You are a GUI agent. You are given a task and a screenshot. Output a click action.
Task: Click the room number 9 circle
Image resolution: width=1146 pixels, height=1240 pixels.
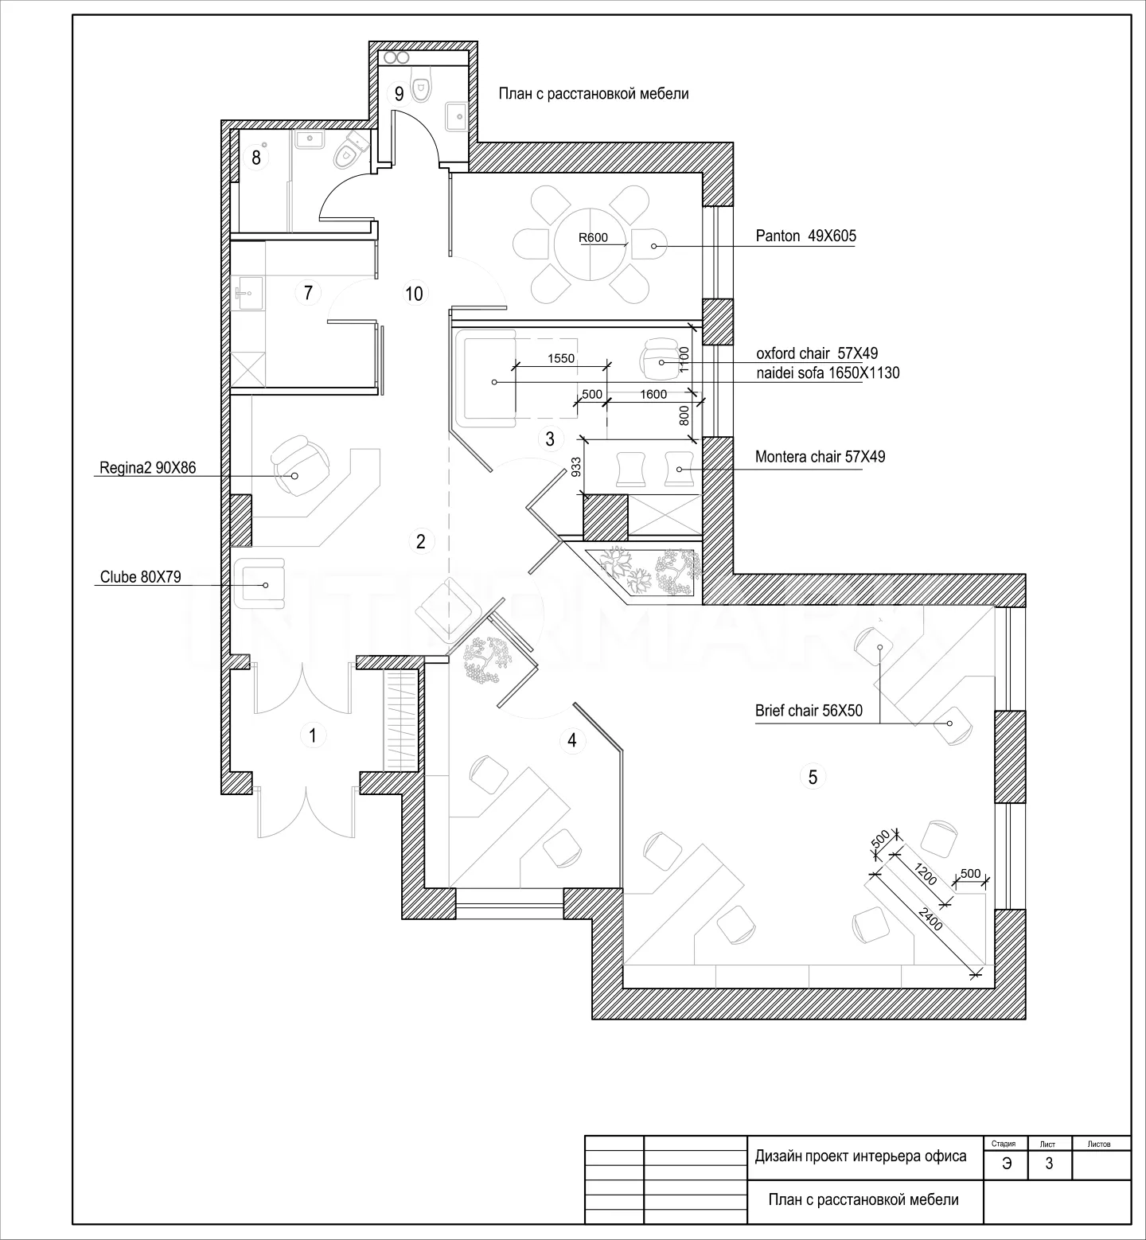400,94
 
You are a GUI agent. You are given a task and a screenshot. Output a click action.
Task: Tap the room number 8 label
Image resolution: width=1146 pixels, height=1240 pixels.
256,158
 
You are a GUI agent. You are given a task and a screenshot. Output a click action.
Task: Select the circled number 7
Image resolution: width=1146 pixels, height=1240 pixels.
308,293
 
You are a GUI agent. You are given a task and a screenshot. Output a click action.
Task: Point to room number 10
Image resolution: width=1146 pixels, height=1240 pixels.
414,294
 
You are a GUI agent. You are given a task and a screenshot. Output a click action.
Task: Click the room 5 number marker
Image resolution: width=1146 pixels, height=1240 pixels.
813,777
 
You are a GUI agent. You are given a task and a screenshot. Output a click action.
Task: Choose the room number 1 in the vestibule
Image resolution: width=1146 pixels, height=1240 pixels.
313,736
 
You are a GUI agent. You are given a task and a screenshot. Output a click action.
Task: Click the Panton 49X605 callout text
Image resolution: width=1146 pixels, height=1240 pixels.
805,236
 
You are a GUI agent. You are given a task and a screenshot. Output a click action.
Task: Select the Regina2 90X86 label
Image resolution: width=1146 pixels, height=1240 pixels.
147,468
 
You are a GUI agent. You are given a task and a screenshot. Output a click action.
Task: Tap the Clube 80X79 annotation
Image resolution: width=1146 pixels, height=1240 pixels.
140,577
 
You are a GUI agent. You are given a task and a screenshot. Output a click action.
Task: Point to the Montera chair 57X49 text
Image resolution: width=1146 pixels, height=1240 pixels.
820,457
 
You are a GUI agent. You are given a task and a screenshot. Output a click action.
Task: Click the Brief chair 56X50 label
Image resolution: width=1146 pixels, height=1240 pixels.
809,711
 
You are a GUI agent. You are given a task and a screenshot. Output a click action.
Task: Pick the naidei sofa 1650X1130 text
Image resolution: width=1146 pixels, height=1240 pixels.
828,372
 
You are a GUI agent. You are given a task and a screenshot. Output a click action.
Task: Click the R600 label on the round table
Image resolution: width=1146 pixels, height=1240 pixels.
593,237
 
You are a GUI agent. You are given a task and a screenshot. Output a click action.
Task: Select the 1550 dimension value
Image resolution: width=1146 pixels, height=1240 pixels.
561,359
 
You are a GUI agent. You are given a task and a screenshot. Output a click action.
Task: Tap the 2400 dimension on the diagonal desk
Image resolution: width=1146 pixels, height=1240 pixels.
929,914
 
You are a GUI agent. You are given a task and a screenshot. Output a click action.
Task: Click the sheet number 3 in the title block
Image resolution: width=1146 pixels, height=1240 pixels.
1049,1164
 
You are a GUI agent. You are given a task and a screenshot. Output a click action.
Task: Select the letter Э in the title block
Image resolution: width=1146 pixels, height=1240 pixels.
1007,1164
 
